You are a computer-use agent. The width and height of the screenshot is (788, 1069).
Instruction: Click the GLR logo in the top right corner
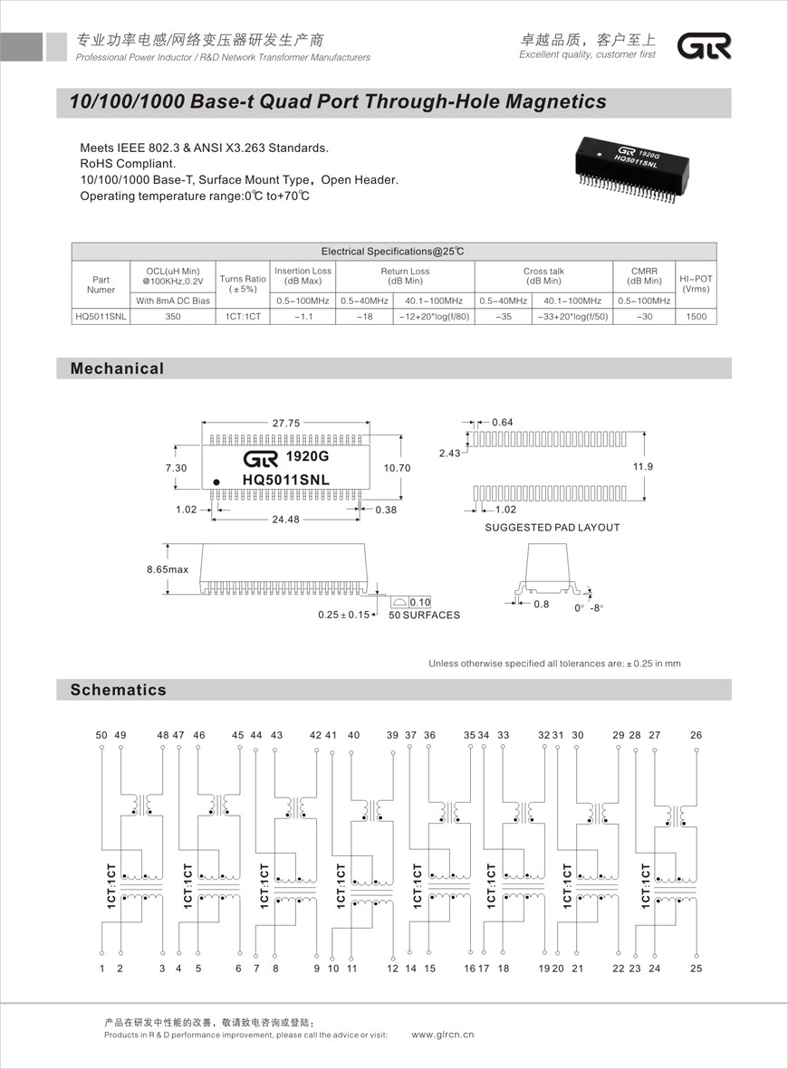[706, 46]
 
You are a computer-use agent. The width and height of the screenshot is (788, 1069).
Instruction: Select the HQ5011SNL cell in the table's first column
[101, 317]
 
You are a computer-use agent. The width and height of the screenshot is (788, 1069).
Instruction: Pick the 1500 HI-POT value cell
[696, 317]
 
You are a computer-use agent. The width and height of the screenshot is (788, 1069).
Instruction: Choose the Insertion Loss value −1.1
[303, 317]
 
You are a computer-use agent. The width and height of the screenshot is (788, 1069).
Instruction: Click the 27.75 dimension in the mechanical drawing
[286, 423]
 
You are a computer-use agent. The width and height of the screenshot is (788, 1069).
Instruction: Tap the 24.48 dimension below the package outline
[286, 519]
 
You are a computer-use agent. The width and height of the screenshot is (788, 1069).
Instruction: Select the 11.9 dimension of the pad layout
[669, 466]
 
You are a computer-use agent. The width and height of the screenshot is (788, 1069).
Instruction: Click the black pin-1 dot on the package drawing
[216, 481]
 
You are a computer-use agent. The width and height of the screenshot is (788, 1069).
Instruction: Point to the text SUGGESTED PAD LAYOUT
[553, 528]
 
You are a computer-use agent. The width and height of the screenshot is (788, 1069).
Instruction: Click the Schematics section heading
[119, 690]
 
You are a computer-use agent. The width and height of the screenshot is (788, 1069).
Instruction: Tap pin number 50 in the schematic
[101, 735]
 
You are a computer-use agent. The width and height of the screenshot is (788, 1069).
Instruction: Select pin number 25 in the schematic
[696, 969]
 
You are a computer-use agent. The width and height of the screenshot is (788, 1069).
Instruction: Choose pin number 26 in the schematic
[696, 735]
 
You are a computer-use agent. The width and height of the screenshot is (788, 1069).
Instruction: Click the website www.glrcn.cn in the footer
[443, 1035]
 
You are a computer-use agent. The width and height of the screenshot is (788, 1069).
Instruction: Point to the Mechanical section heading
[118, 368]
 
